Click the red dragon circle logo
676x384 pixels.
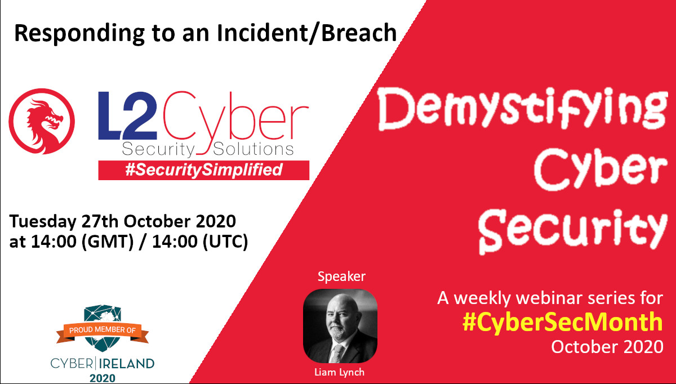[x=42, y=121]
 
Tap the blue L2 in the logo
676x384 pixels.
[x=127, y=115]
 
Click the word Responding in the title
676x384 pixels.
[x=79, y=34]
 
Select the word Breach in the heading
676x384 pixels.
[x=359, y=33]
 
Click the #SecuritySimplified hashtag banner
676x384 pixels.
[x=204, y=170]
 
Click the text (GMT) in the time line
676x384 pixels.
[x=108, y=242]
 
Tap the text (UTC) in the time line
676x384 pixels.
[x=225, y=242]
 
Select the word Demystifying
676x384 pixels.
[x=522, y=109]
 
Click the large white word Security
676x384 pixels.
[x=573, y=231]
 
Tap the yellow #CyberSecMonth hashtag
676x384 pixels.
[x=563, y=323]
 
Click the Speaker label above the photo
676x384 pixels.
[x=341, y=276]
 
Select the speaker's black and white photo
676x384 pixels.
[x=340, y=326]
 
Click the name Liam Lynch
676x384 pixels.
[x=340, y=372]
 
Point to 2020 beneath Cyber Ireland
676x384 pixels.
[x=103, y=378]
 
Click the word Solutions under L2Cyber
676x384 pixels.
[x=253, y=149]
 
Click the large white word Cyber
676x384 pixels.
[x=601, y=168]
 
